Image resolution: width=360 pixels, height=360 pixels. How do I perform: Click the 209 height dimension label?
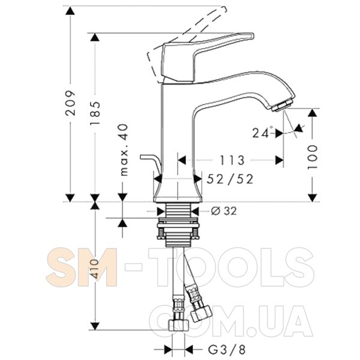pos(70,103)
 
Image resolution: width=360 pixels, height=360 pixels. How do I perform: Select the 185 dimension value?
pos(95,113)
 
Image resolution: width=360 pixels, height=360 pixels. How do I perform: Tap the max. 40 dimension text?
pos(124,149)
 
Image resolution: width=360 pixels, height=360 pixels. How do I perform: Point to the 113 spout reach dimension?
pos(232,160)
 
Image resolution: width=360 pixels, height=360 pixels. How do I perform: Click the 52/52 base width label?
pos(230,179)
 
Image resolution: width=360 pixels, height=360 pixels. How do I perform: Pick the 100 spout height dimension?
pos(312,157)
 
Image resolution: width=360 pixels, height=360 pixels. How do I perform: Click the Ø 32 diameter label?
pos(224,211)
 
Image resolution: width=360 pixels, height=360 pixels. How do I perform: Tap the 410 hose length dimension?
pos(95,269)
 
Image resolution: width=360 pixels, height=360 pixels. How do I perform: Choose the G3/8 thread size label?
pos(227,350)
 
